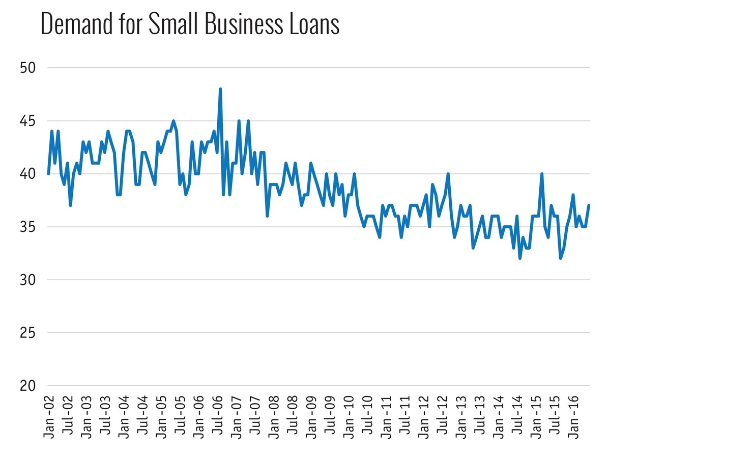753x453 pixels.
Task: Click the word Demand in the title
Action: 75,24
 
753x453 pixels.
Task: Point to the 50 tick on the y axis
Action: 28,68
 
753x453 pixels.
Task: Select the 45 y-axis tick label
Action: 28,121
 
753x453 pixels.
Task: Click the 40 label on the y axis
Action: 28,174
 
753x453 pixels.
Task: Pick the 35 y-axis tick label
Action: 28,227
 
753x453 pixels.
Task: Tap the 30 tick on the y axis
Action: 28,280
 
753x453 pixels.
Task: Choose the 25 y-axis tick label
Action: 28,333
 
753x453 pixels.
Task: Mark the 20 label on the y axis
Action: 28,386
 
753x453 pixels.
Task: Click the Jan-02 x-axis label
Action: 49,416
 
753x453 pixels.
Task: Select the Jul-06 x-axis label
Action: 218,416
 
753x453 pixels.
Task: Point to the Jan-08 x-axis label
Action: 274,416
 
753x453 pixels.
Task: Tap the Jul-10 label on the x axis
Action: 368,416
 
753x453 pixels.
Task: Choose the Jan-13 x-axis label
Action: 461,416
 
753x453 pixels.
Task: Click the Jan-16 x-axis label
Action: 574,416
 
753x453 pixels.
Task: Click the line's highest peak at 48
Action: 220,89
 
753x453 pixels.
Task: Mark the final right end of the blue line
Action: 589,205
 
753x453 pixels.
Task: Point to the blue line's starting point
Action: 48,174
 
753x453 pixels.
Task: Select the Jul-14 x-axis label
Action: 517,416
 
